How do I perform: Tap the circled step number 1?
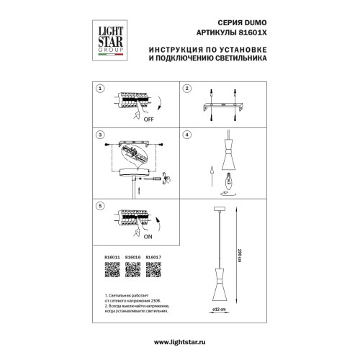101,89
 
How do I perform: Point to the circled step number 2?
186,89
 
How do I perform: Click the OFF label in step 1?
149,120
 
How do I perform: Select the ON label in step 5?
148,235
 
